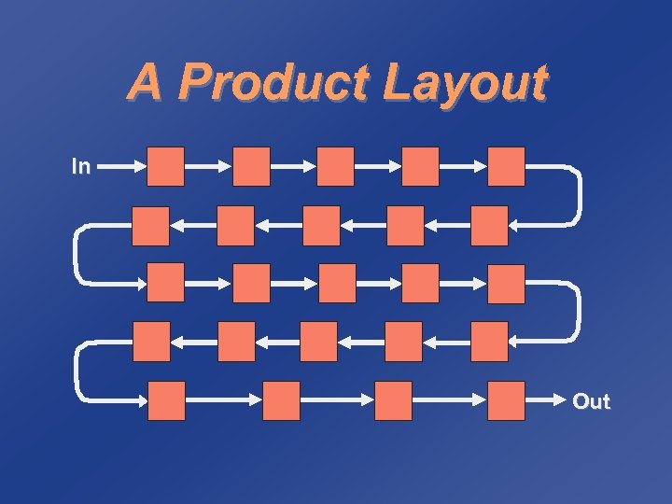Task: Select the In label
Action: [x=81, y=167]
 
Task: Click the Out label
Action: [x=590, y=402]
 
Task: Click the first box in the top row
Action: [x=166, y=166]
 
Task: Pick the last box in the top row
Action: [x=507, y=166]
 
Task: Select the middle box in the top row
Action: [x=336, y=166]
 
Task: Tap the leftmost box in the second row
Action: [x=151, y=226]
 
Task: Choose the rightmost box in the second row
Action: [x=489, y=226]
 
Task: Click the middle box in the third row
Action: [x=336, y=284]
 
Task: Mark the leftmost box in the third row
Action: [x=166, y=284]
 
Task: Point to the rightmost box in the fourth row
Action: [x=489, y=342]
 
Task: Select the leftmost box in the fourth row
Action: [x=151, y=342]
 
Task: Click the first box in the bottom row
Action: [x=166, y=400]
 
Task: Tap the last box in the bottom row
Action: [x=507, y=400]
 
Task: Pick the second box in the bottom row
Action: [x=281, y=400]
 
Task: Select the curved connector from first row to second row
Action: [x=579, y=196]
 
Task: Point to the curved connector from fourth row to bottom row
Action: [x=76, y=371]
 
